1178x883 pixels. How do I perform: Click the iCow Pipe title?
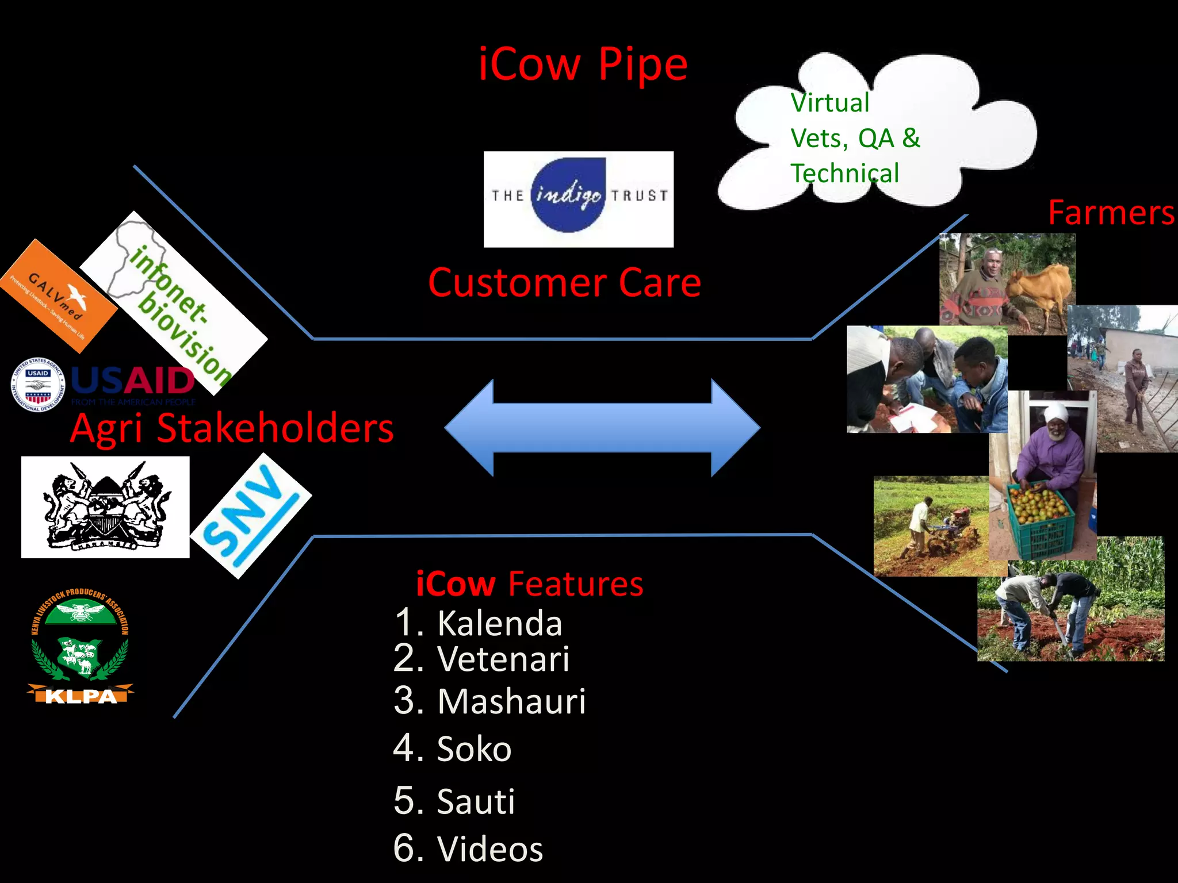583,64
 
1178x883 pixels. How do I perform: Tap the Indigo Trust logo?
578,199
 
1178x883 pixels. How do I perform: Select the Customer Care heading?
564,283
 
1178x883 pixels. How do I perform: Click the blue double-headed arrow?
602,428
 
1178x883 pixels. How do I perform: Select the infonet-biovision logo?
173,302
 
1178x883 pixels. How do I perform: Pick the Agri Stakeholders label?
232,428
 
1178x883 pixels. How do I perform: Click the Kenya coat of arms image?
105,507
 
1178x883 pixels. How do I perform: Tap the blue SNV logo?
250,516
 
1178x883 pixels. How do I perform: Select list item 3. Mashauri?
489,701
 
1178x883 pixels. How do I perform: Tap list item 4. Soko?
452,748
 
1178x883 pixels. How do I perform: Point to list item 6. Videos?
468,849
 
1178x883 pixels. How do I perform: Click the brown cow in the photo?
1041,287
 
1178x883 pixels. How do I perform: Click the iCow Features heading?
529,583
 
